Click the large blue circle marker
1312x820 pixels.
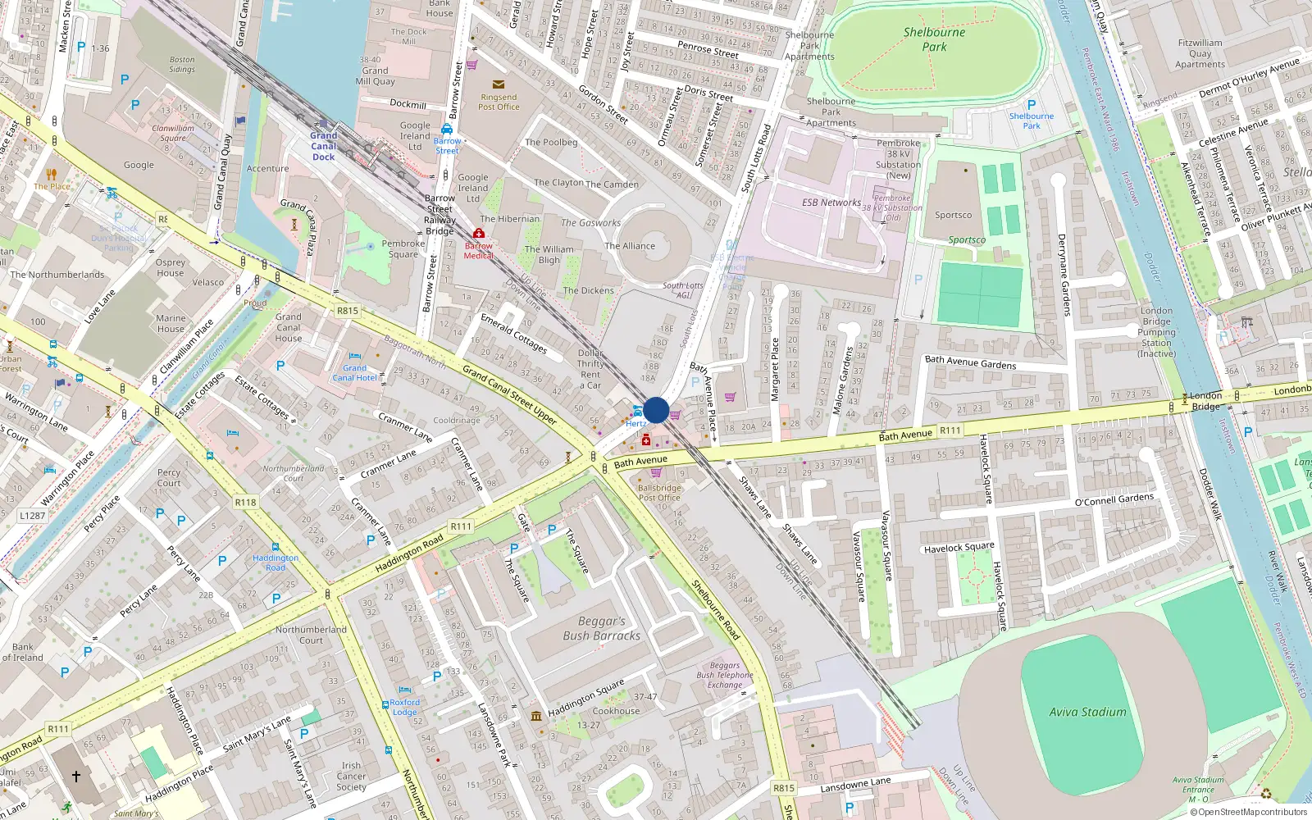click(656, 410)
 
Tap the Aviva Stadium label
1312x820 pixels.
click(1087, 712)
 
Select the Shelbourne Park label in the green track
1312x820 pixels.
click(934, 39)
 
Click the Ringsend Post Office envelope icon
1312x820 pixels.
click(498, 84)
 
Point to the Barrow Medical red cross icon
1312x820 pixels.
click(479, 234)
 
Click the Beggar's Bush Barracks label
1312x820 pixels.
click(602, 628)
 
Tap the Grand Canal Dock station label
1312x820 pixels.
click(323, 146)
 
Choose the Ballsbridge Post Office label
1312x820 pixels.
click(658, 492)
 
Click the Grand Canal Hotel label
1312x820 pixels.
click(354, 373)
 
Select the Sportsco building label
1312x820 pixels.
click(953, 215)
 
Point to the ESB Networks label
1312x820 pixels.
click(831, 202)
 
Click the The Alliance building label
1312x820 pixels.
click(630, 246)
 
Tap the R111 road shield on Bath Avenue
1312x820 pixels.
click(950, 430)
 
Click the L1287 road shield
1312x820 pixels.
click(33, 515)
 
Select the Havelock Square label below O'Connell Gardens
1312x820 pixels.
click(959, 547)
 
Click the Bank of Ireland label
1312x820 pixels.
click(22, 652)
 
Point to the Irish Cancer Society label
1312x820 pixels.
click(351, 777)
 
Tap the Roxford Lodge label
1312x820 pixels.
click(404, 707)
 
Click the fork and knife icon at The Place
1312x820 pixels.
click(52, 174)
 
